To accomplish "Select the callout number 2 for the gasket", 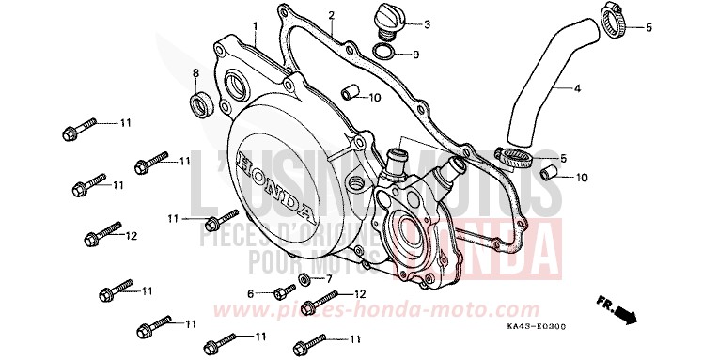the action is (x=331, y=15).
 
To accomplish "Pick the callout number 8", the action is (x=195, y=72).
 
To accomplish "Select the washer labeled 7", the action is (x=306, y=280).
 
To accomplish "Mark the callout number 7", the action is (x=329, y=280).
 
